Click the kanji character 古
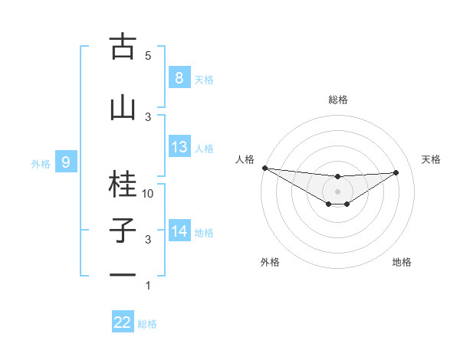123,47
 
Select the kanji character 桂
123,184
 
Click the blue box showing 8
179,78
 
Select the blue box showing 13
179,147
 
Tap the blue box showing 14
179,231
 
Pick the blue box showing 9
66,162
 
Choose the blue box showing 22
123,322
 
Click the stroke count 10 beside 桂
148,194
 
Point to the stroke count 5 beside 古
148,56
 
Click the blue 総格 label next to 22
147,324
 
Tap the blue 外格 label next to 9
40,163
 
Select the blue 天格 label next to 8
204,79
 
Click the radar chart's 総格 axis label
337,100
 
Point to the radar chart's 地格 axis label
402,262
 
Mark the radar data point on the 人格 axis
264,168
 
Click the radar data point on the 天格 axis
396,172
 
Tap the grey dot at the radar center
337,191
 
